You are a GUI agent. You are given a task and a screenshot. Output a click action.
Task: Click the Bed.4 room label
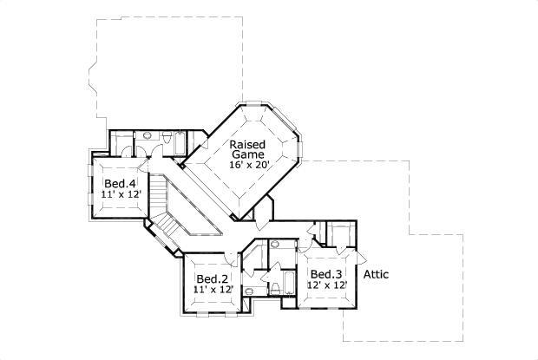pos(120,184)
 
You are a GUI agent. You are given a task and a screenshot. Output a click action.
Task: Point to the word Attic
pos(376,275)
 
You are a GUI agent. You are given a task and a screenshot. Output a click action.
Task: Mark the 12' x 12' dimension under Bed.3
pos(327,285)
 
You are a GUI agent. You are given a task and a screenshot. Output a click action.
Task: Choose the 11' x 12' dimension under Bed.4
pos(120,195)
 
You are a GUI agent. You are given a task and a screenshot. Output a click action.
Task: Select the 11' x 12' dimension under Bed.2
pos(213,289)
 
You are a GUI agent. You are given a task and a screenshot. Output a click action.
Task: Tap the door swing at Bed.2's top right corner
pos(232,258)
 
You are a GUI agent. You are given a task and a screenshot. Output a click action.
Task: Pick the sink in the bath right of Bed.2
pos(249,291)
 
